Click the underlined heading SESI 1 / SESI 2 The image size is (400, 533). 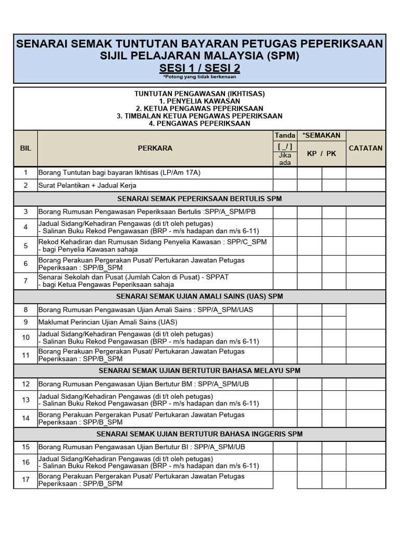pyautogui.click(x=199, y=69)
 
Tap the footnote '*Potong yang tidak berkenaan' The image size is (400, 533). pyautogui.click(x=199, y=77)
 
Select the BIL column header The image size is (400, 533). pyautogui.click(x=26, y=148)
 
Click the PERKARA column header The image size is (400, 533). pyautogui.click(x=155, y=148)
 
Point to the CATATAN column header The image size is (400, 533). pyautogui.click(x=366, y=148)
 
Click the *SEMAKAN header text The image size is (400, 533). pyautogui.click(x=321, y=135)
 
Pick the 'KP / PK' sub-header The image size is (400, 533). pyautogui.click(x=321, y=154)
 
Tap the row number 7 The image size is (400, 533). pyautogui.click(x=26, y=281)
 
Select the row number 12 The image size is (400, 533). pyautogui.click(x=26, y=384)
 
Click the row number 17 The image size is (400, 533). pyautogui.click(x=26, y=479)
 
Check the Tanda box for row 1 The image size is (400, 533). pyautogui.click(x=285, y=172)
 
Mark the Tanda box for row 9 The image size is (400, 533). pyautogui.click(x=285, y=323)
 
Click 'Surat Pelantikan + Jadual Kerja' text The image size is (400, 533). pyautogui.click(x=87, y=185)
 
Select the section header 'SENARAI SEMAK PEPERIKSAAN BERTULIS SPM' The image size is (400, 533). pyautogui.click(x=199, y=199)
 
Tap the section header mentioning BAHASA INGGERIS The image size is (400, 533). pyautogui.click(x=199, y=434)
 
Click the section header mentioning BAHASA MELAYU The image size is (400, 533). pyautogui.click(x=199, y=371)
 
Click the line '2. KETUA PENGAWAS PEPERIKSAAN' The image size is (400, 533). pyautogui.click(x=199, y=108)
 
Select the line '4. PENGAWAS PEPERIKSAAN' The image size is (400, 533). pyautogui.click(x=199, y=124)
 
